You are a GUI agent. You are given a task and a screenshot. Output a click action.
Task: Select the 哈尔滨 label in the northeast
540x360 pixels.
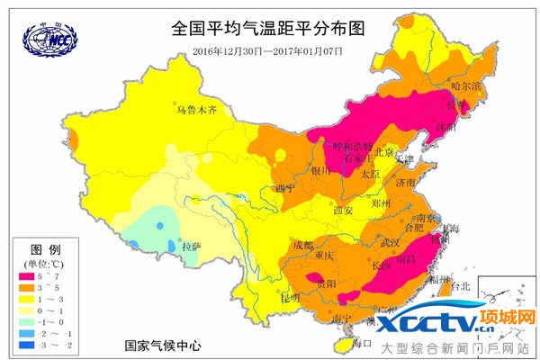point(467,86)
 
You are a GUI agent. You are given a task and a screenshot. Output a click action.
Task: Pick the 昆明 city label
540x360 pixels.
point(290,297)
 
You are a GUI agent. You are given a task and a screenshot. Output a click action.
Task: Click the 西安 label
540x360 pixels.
point(344,210)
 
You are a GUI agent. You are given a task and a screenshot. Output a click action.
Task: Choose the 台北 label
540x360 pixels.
point(461,286)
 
